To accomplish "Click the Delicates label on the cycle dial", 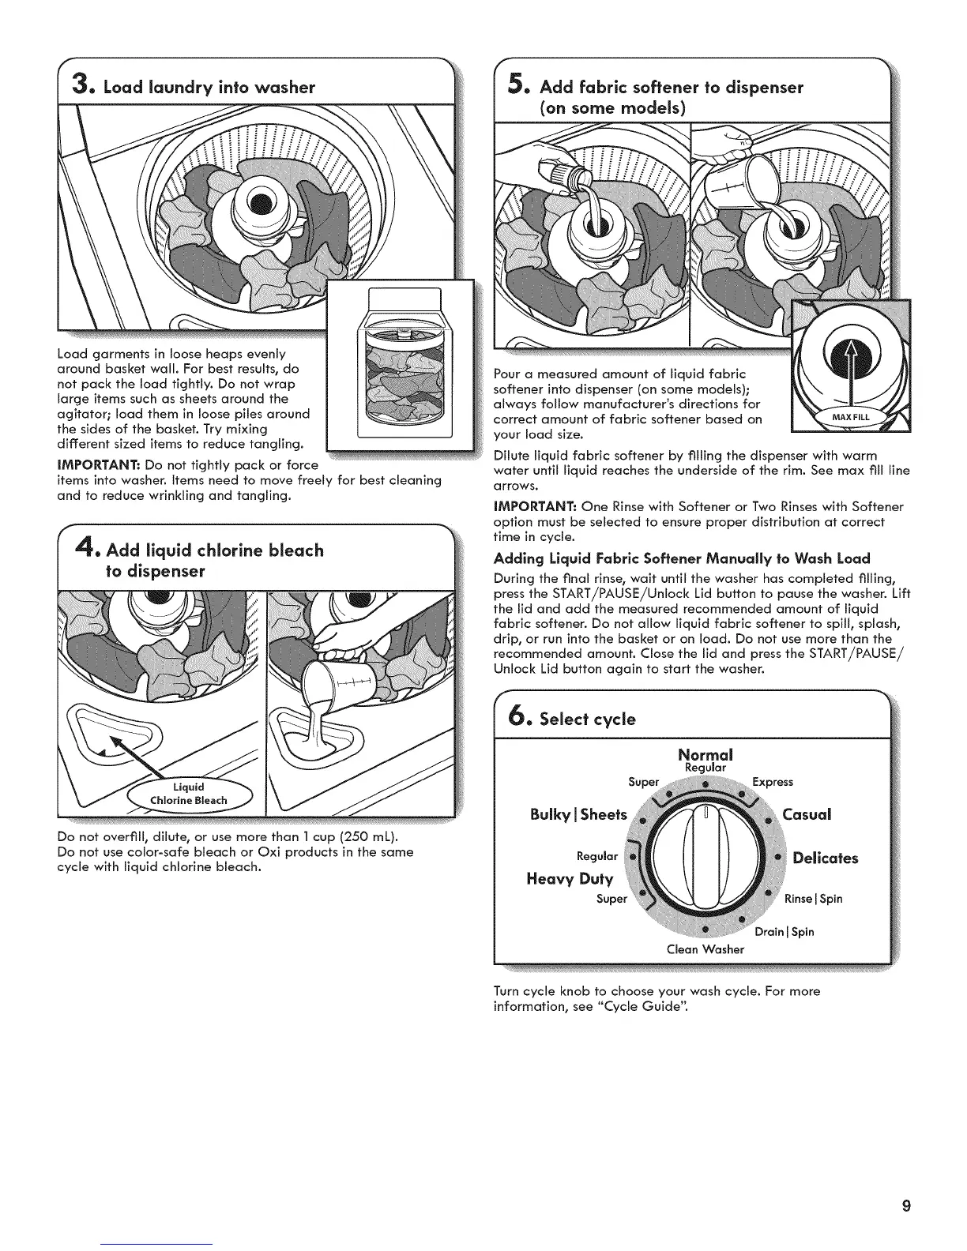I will point(825,858).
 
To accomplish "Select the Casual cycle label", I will point(806,814).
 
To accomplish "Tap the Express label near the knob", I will point(772,782).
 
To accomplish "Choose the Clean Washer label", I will point(705,949).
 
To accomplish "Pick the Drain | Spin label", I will point(784,932).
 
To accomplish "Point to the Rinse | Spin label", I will point(813,899).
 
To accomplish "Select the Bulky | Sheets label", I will point(579,814).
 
